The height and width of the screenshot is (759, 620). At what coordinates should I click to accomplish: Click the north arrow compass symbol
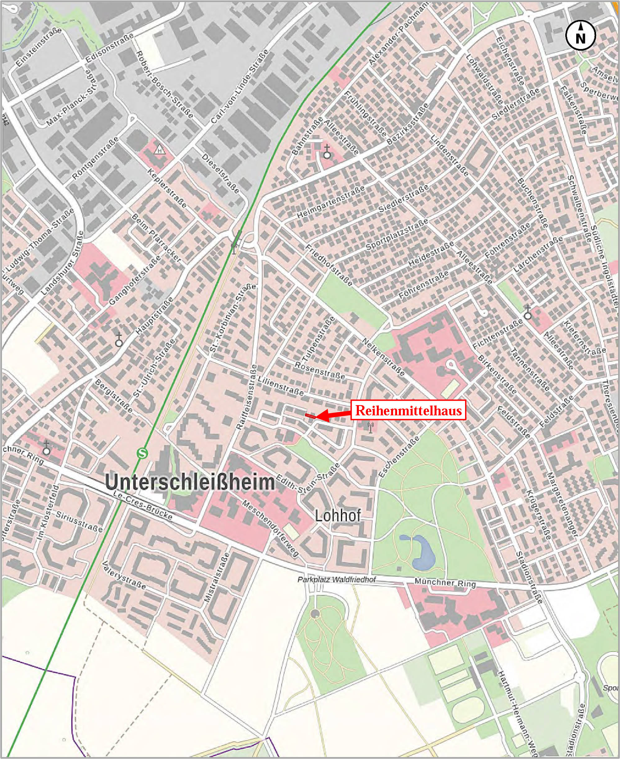(x=580, y=35)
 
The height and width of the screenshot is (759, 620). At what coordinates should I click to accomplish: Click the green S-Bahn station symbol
(x=142, y=454)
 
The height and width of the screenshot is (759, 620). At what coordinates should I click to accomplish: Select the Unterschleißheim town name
(x=190, y=482)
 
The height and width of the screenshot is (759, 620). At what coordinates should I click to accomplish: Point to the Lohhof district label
(x=338, y=515)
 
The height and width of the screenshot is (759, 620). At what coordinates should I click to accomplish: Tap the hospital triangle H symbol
(x=159, y=150)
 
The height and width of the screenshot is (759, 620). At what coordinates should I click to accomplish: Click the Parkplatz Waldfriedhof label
(x=337, y=580)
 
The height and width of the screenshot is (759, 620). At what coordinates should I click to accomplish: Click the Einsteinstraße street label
(x=39, y=47)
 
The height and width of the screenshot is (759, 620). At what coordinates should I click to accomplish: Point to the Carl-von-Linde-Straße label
(x=240, y=88)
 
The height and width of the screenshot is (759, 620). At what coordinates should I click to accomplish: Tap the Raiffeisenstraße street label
(x=247, y=397)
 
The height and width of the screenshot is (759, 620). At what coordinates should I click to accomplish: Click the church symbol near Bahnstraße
(x=327, y=152)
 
